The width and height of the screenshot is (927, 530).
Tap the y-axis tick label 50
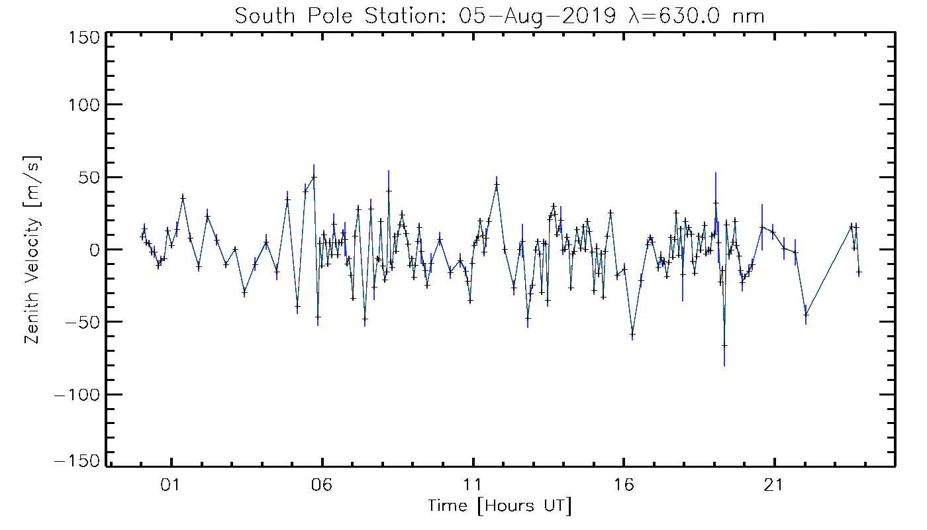89,177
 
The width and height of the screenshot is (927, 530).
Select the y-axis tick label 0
95,250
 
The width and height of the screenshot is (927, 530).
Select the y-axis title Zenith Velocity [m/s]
32,249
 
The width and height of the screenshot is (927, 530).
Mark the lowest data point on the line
724,345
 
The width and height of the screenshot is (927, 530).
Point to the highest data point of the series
314,177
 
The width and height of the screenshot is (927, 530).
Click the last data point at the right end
859,272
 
